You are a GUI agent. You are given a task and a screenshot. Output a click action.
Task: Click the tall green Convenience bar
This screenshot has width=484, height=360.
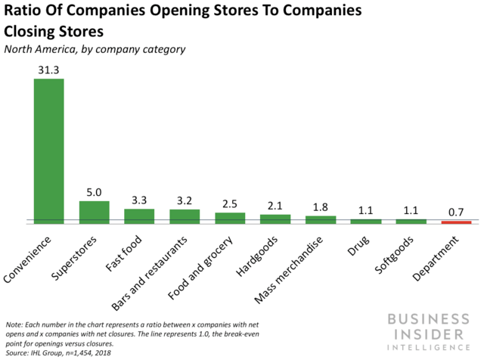[48, 151]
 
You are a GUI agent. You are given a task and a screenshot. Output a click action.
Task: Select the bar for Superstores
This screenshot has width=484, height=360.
[94, 213]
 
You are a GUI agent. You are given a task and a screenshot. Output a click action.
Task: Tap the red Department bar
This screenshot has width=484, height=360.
[456, 222]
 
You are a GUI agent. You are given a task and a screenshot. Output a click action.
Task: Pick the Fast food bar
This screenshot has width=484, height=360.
[139, 216]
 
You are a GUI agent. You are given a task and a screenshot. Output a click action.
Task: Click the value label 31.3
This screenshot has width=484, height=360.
[48, 70]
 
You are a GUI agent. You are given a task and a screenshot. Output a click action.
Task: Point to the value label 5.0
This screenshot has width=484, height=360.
[94, 192]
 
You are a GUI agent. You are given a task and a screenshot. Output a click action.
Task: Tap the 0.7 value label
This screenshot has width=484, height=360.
[456, 212]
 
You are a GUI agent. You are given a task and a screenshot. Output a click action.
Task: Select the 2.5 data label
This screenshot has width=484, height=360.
[230, 203]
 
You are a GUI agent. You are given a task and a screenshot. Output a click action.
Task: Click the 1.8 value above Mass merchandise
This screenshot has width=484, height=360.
[321, 207]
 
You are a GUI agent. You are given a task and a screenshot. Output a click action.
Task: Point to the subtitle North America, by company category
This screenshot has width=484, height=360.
[95, 49]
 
